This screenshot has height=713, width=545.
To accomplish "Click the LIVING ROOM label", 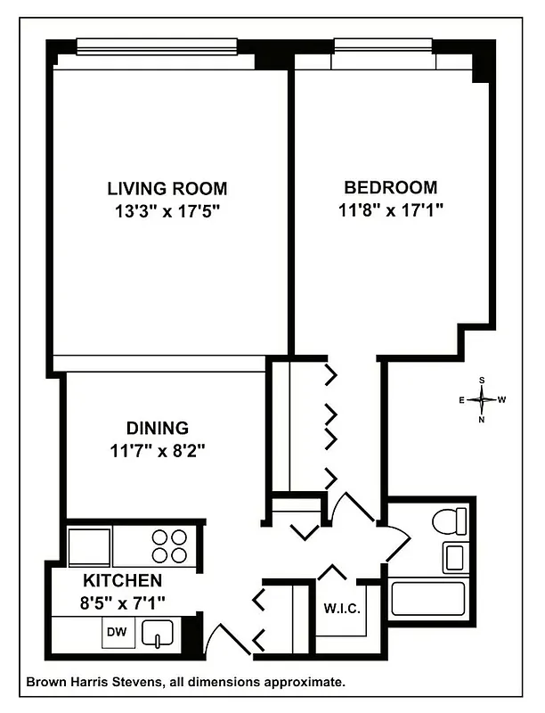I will click(167, 189).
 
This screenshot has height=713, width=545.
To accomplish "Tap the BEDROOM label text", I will click(390, 188).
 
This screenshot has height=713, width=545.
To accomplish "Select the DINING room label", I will click(156, 428).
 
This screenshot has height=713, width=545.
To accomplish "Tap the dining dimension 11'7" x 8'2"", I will click(156, 450).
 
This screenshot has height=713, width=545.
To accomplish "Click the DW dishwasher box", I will click(116, 632).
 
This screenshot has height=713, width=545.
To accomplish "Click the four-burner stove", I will click(169, 545).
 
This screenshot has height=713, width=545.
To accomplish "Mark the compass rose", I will click(482, 399).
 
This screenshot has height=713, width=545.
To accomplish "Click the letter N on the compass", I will click(482, 419).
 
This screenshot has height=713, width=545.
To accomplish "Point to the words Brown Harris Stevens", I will click(88, 683).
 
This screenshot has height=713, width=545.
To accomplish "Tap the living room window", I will click(157, 45).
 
